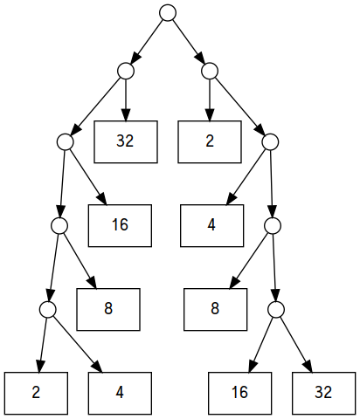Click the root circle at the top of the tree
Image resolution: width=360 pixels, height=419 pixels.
pos(168,13)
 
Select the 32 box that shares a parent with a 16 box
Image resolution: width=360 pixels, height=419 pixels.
pos(324,393)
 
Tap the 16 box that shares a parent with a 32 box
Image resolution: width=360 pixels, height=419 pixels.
pos(240,393)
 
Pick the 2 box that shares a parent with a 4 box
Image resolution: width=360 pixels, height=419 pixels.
pos(36,393)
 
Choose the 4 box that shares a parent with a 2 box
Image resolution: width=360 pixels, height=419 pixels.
pos(120,393)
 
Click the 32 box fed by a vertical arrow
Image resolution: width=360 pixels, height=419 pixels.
pos(126,141)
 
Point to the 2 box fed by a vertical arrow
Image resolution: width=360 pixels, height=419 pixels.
pos(210,141)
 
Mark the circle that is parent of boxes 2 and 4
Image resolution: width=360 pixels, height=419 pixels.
pos(48,310)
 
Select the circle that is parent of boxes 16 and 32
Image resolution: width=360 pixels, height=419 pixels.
pos(276,310)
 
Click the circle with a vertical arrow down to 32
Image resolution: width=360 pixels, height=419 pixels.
pos(126,71)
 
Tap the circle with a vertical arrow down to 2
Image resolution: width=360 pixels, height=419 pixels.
pos(210,71)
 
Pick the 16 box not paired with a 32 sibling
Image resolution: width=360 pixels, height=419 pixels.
pos(120,225)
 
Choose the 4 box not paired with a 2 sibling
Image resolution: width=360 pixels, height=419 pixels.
pos(212,225)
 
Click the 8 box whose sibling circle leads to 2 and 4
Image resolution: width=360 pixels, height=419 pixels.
pos(108,309)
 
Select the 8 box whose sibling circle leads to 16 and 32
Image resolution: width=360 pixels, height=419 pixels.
pos(216,309)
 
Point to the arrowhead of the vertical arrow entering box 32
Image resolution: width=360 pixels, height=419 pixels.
pos(126,115)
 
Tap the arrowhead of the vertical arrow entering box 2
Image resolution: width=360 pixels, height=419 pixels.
pos(210,115)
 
